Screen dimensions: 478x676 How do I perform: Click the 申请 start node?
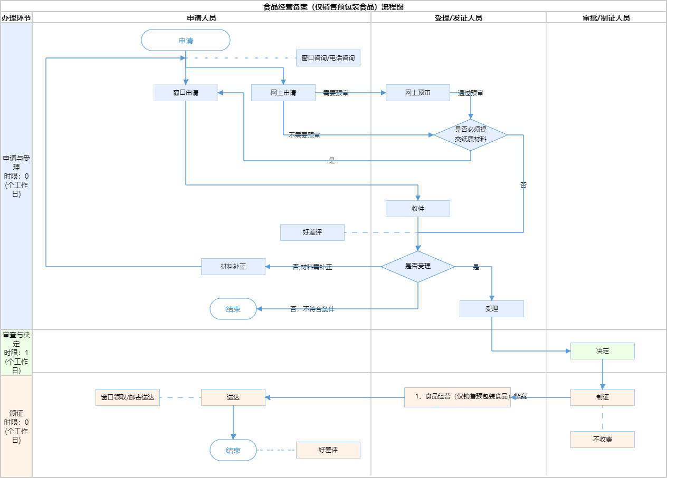pyautogui.click(x=186, y=40)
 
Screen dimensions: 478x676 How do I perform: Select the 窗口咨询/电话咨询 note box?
pyautogui.click(x=328, y=58)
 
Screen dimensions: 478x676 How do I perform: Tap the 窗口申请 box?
pyautogui.click(x=186, y=93)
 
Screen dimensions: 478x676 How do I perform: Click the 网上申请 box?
pyautogui.click(x=283, y=93)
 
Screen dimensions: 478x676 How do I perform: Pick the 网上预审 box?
pyautogui.click(x=418, y=93)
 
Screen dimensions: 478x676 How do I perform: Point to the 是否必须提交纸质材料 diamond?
pyautogui.click(x=471, y=135)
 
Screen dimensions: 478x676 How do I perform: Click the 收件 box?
pyautogui.click(x=418, y=209)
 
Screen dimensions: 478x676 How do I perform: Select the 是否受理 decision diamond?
pyautogui.click(x=418, y=267)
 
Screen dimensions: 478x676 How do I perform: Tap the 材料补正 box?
pyautogui.click(x=233, y=267)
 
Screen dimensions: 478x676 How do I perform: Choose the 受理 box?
pyautogui.click(x=492, y=309)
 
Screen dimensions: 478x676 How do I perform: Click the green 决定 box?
pyautogui.click(x=603, y=351)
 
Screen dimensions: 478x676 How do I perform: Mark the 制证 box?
pyautogui.click(x=603, y=397)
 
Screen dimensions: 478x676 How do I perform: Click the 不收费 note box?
pyautogui.click(x=603, y=440)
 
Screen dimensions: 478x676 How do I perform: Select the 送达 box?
pyautogui.click(x=233, y=397)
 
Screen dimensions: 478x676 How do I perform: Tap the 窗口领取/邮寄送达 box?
pyautogui.click(x=128, y=397)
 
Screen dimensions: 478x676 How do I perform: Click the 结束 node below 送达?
pyautogui.click(x=233, y=451)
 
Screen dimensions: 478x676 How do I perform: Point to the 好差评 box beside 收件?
pyautogui.click(x=312, y=232)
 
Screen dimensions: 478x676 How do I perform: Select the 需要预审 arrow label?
pyautogui.click(x=336, y=93)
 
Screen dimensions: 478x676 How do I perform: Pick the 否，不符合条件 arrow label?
pyautogui.click(x=312, y=309)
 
